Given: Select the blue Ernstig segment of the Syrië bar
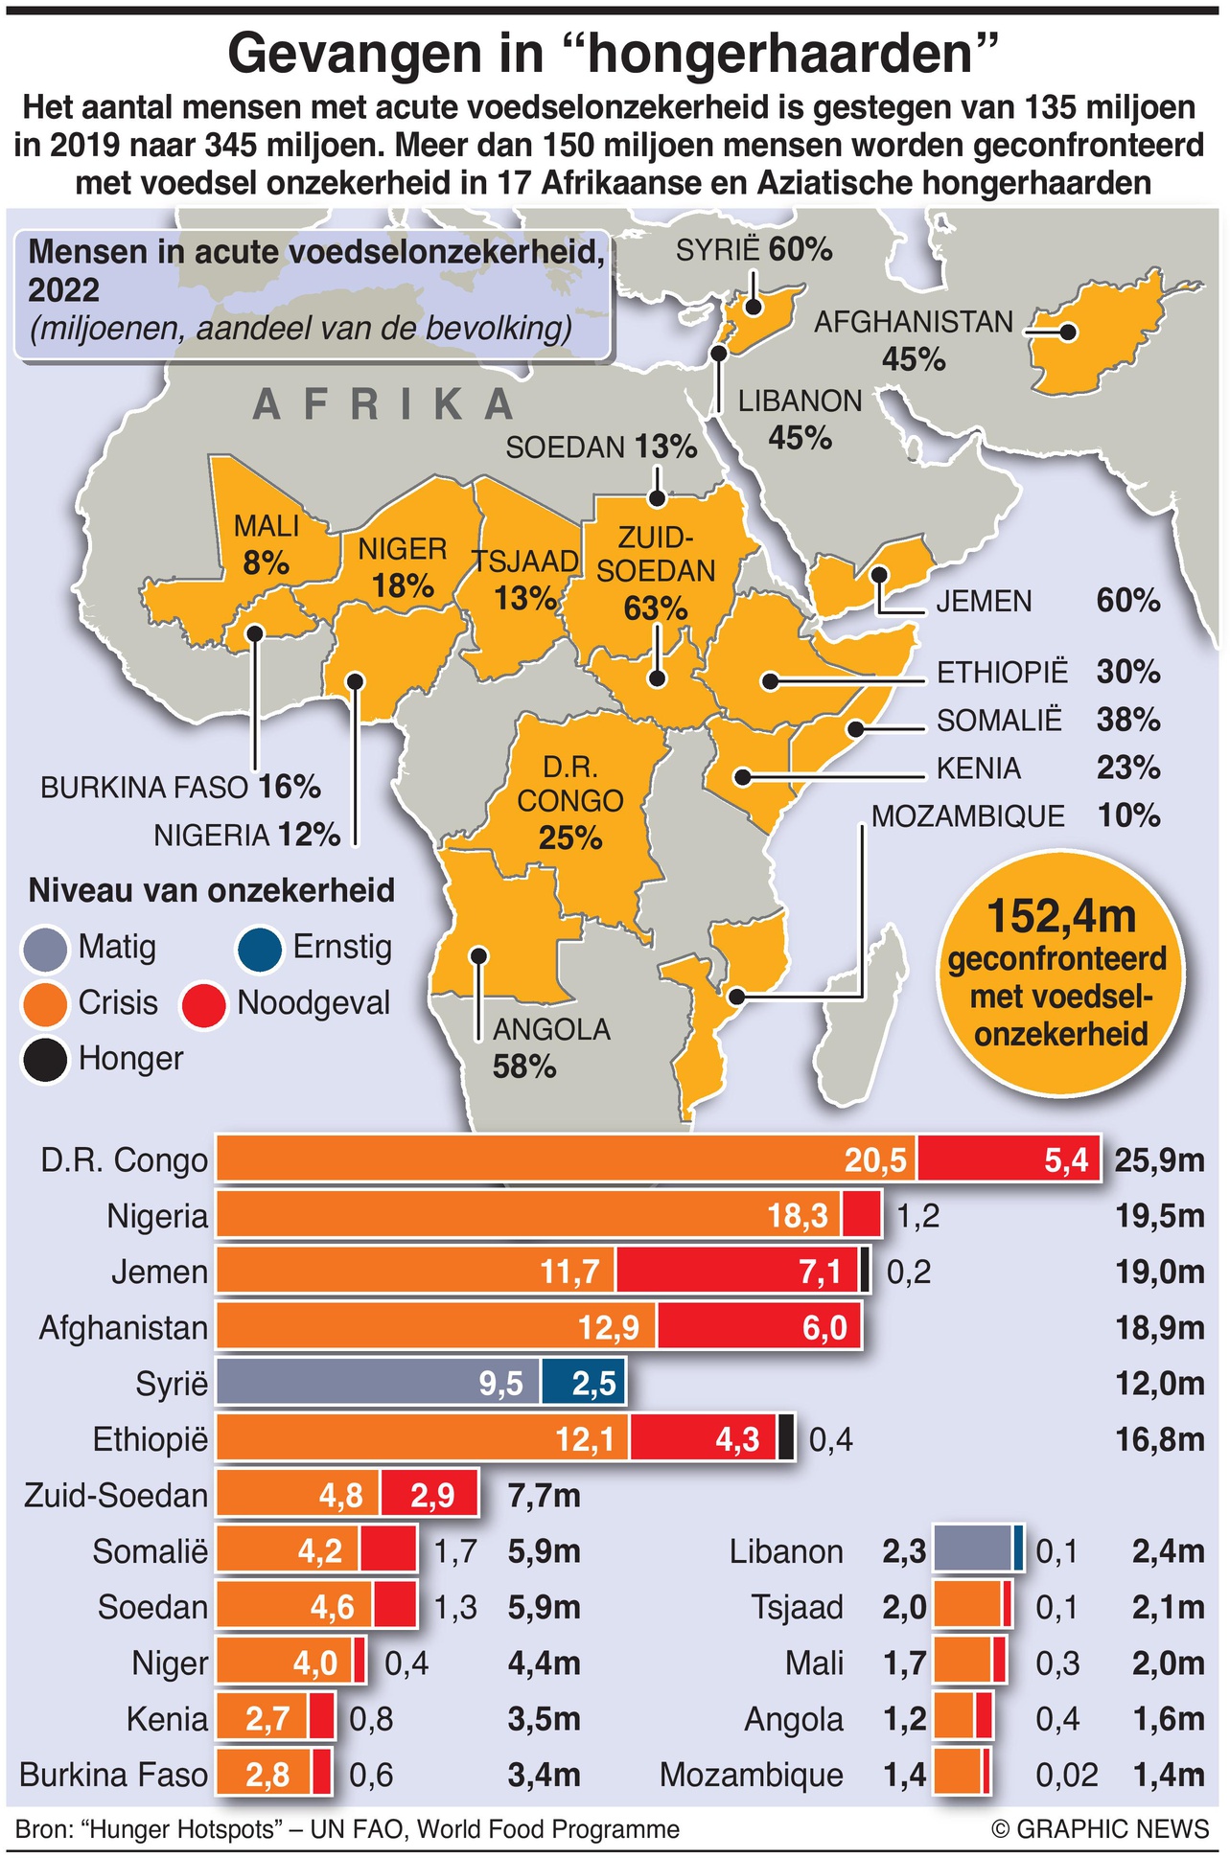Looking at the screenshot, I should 583,1384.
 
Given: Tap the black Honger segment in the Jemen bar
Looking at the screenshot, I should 865,1273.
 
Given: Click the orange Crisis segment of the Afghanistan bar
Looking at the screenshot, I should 436,1328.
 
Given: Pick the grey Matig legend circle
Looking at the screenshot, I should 44,949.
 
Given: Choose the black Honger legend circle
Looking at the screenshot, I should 44,1060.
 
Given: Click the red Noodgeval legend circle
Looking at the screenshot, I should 203,1004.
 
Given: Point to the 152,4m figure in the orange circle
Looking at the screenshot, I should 1060,916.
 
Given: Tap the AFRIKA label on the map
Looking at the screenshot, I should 383,404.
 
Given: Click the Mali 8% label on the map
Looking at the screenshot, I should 267,544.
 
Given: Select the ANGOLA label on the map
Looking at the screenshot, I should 551,1030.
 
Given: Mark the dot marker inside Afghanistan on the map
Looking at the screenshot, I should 1068,333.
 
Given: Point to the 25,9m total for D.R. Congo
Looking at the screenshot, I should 1159,1161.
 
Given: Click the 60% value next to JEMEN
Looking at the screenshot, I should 1128,601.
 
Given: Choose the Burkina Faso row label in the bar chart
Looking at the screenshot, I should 113,1775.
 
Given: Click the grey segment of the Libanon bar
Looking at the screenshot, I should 972,1551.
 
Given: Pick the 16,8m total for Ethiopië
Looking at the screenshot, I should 1159,1439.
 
